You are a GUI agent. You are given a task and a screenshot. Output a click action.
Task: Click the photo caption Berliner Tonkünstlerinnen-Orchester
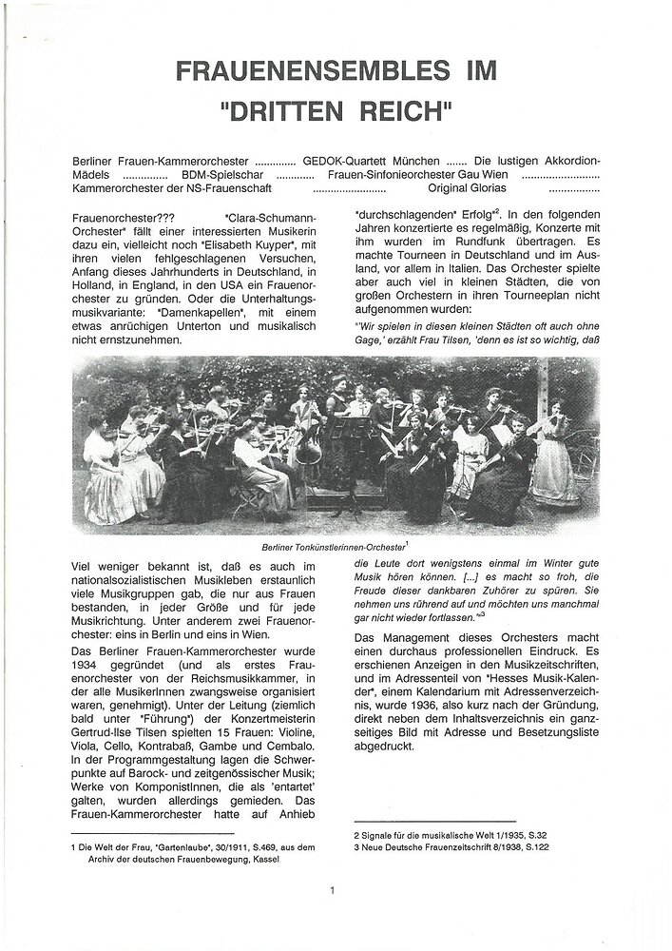(x=335, y=549)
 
